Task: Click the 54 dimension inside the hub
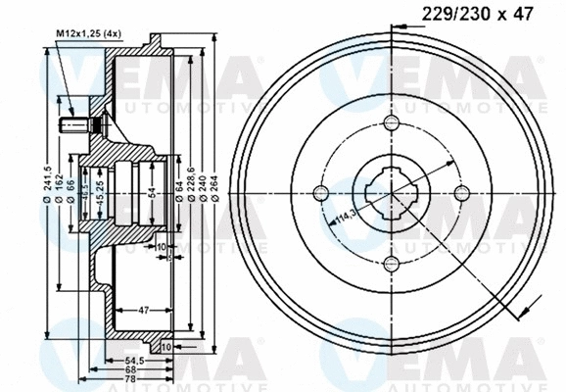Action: click(150, 192)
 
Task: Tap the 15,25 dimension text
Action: click(100, 192)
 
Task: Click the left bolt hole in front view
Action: click(322, 192)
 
